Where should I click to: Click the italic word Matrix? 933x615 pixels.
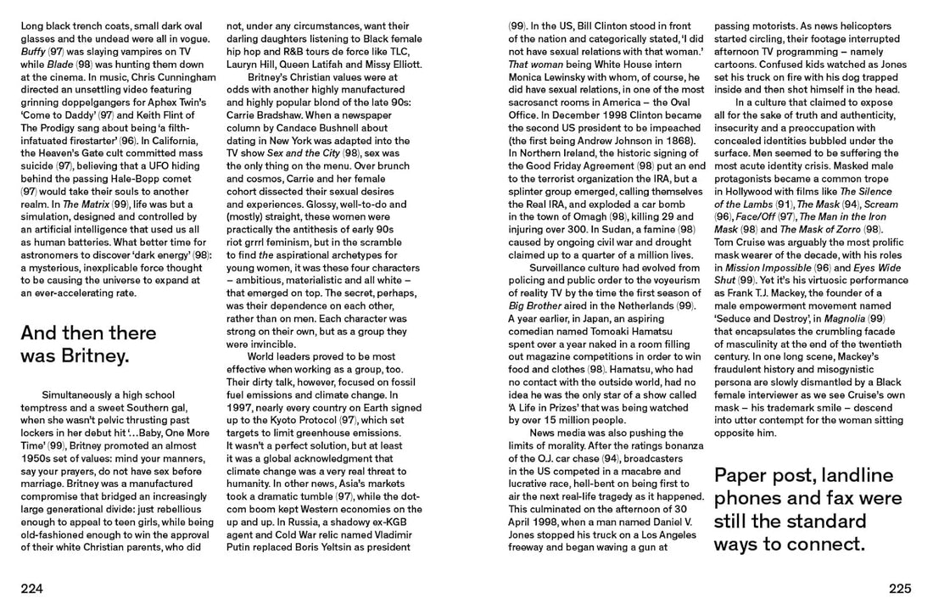pyautogui.click(x=122, y=205)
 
